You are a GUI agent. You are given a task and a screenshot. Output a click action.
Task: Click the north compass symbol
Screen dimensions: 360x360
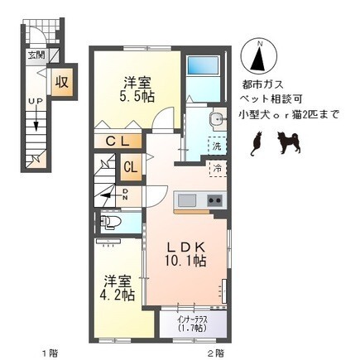[259, 56]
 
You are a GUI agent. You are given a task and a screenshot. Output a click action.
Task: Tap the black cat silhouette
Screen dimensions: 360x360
[257, 144]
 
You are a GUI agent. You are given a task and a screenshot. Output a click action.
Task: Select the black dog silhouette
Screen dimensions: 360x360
[289, 142]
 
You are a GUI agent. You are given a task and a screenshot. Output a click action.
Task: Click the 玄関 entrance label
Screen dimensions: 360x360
[37, 55]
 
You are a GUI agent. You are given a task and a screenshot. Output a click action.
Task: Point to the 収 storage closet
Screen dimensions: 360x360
[62, 82]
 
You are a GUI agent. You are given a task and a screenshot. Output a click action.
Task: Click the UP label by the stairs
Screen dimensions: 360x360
[36, 101]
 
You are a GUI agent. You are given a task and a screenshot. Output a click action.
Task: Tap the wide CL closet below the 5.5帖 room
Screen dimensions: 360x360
[118, 142]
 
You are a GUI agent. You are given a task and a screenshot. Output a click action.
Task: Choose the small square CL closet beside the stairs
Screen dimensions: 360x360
[131, 167]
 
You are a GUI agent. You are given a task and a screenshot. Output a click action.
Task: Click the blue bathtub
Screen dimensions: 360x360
[203, 65]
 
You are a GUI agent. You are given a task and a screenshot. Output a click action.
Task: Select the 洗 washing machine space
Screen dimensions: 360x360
[217, 146]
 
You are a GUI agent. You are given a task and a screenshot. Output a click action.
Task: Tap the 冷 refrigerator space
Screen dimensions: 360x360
[218, 168]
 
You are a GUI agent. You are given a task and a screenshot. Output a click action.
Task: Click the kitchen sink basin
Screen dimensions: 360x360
[187, 200]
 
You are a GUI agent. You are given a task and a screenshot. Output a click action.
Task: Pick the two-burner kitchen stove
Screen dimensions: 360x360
[215, 201]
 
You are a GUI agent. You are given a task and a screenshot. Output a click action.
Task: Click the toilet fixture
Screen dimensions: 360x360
[110, 222]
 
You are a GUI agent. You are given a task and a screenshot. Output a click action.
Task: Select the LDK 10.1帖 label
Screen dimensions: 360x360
[185, 254]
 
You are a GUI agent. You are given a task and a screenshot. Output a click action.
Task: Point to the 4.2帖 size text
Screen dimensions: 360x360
[118, 288]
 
